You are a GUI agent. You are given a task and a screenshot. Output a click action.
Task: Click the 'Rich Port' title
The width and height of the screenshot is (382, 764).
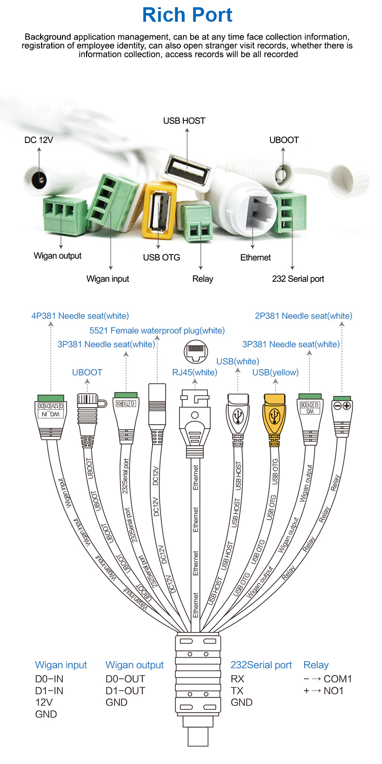187,15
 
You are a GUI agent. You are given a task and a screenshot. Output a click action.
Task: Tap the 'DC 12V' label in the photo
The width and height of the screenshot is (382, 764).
39,140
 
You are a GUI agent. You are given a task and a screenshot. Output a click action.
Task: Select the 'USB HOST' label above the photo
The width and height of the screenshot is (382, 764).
184,121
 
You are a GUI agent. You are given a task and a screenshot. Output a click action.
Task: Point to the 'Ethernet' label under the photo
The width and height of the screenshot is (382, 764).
255,258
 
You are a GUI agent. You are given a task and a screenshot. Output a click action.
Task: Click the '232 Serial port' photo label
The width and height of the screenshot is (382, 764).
298,279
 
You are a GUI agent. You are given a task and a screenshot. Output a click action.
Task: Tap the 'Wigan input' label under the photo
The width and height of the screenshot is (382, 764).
107,279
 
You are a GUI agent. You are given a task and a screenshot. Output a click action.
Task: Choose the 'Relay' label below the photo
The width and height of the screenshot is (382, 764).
203,279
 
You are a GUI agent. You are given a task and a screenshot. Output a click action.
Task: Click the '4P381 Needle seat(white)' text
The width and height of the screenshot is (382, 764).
80,316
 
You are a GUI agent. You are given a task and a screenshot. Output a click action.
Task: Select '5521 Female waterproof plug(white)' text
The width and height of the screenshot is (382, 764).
157,331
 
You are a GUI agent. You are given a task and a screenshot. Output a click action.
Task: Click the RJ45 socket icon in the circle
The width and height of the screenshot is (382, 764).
196,351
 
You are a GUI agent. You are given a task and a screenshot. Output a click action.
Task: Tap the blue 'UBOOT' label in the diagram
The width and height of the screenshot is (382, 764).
87,373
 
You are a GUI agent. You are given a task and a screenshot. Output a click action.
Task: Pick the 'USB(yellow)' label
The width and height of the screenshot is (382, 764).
275,373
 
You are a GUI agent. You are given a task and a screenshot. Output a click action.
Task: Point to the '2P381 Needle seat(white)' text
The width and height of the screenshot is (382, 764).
303,316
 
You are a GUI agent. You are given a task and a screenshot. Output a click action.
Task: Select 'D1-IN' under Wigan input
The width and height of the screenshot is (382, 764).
49,691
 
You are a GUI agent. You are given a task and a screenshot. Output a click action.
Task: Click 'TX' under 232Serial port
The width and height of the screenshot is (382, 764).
237,691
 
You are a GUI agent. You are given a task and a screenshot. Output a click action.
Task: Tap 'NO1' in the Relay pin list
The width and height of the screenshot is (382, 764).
333,691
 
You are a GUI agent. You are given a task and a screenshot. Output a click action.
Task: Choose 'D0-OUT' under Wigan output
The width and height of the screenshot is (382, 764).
125,679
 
